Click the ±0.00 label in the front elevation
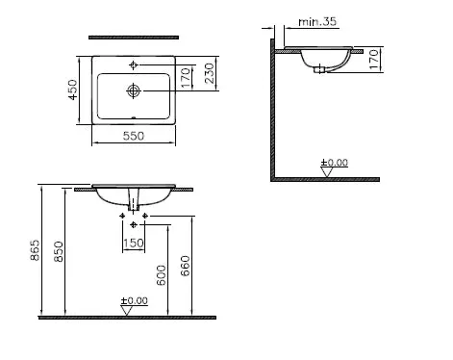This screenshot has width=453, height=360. (135, 300)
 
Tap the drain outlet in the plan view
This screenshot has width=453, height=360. (134, 91)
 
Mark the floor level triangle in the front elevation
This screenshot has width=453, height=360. (125, 310)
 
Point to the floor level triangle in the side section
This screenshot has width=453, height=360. (323, 172)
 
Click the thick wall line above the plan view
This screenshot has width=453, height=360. (134, 37)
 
